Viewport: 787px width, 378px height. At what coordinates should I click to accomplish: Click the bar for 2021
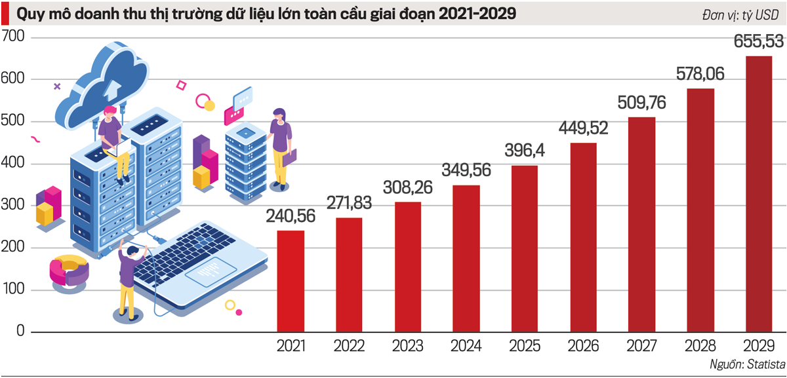coord(291,281)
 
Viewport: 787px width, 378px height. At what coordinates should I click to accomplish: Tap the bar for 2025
coord(525,249)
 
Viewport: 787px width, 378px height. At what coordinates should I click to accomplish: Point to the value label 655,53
coord(759,42)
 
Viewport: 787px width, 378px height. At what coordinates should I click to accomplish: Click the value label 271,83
coord(349,203)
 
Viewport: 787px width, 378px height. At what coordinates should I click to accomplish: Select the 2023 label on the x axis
coord(408,345)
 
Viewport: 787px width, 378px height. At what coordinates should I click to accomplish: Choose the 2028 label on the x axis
coord(700,345)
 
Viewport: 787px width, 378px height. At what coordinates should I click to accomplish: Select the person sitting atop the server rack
coord(113,141)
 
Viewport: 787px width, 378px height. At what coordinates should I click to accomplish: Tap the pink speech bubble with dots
coord(235,115)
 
